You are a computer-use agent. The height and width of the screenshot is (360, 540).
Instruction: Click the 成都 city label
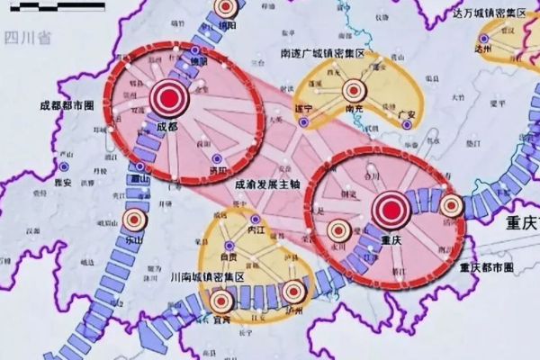167,128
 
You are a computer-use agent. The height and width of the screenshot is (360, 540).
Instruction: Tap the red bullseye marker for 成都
167,95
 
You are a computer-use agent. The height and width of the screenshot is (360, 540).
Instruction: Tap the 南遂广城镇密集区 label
328,54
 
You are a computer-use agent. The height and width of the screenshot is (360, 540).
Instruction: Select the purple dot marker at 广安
407,124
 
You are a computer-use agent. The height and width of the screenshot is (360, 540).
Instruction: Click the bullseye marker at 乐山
135,219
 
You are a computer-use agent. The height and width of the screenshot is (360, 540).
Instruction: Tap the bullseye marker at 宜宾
220,299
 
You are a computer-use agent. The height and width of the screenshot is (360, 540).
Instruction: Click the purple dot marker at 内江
256,220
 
